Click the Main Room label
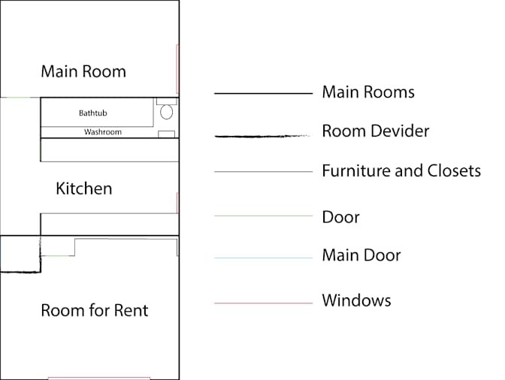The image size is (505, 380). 83,71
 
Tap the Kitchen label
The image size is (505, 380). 84,188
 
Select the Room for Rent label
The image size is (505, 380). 95,310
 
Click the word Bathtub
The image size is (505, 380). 92,113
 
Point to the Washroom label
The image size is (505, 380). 103,132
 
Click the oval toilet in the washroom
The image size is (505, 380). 166,112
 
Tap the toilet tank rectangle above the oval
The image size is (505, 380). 167,101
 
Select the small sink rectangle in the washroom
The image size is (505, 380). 167,134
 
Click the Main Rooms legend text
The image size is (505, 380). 368,92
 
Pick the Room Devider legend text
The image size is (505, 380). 376,131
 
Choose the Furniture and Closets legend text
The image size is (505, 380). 401,170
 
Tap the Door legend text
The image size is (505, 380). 340,217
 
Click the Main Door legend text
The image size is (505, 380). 361,255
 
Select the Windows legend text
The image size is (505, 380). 356,300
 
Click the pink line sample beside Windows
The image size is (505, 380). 264,303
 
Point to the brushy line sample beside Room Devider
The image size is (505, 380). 262,137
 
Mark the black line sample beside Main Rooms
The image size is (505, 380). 264,93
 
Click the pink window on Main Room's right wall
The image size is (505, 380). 177,69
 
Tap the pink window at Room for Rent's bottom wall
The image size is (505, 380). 99,378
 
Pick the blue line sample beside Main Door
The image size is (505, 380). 264,258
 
